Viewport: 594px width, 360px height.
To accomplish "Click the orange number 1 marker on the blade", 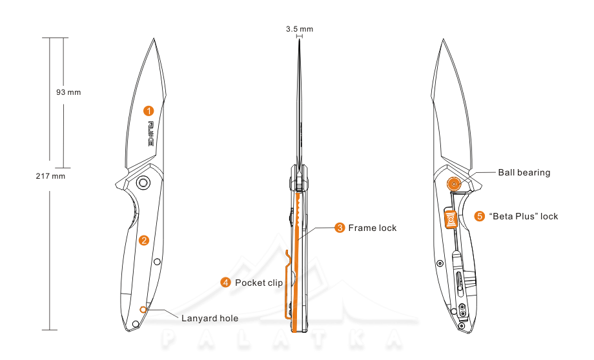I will (148, 110).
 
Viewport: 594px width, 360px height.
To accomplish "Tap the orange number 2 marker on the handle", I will (144, 241).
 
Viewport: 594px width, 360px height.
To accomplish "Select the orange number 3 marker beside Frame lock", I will (340, 228).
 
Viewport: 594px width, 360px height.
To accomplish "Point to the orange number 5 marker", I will (480, 216).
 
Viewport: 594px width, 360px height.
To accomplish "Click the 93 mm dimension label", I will (69, 92).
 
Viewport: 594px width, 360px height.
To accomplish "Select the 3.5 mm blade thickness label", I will (300, 29).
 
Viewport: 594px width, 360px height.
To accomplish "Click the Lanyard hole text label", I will (210, 318).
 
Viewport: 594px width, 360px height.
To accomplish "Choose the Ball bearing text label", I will (524, 172).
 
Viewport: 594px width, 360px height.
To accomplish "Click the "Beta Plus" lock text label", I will (524, 216).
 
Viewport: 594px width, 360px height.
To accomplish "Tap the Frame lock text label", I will (373, 228).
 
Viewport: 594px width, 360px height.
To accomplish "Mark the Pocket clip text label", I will (259, 283).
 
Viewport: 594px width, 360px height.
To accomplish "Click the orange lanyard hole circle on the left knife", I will (143, 310).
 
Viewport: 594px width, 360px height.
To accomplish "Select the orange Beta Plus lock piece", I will (451, 219).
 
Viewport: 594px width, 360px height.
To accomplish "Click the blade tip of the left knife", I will (155, 39).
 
